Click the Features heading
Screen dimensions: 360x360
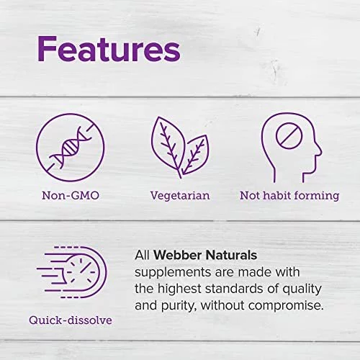(x=109, y=50)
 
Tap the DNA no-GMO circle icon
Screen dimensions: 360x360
(x=71, y=148)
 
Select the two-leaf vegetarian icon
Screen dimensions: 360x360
(x=180, y=148)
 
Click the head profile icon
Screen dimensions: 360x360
(x=291, y=148)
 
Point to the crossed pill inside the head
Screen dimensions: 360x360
(x=289, y=135)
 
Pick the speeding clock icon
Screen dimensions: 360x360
(x=71, y=272)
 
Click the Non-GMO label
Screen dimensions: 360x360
(x=71, y=195)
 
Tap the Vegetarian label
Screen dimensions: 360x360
(x=180, y=196)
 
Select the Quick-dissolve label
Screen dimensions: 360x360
(x=71, y=320)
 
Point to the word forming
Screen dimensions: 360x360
(x=317, y=196)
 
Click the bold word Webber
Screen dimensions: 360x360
(x=178, y=255)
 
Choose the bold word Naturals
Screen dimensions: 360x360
(x=231, y=255)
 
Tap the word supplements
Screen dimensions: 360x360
(x=173, y=273)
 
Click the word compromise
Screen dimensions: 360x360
(x=286, y=306)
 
